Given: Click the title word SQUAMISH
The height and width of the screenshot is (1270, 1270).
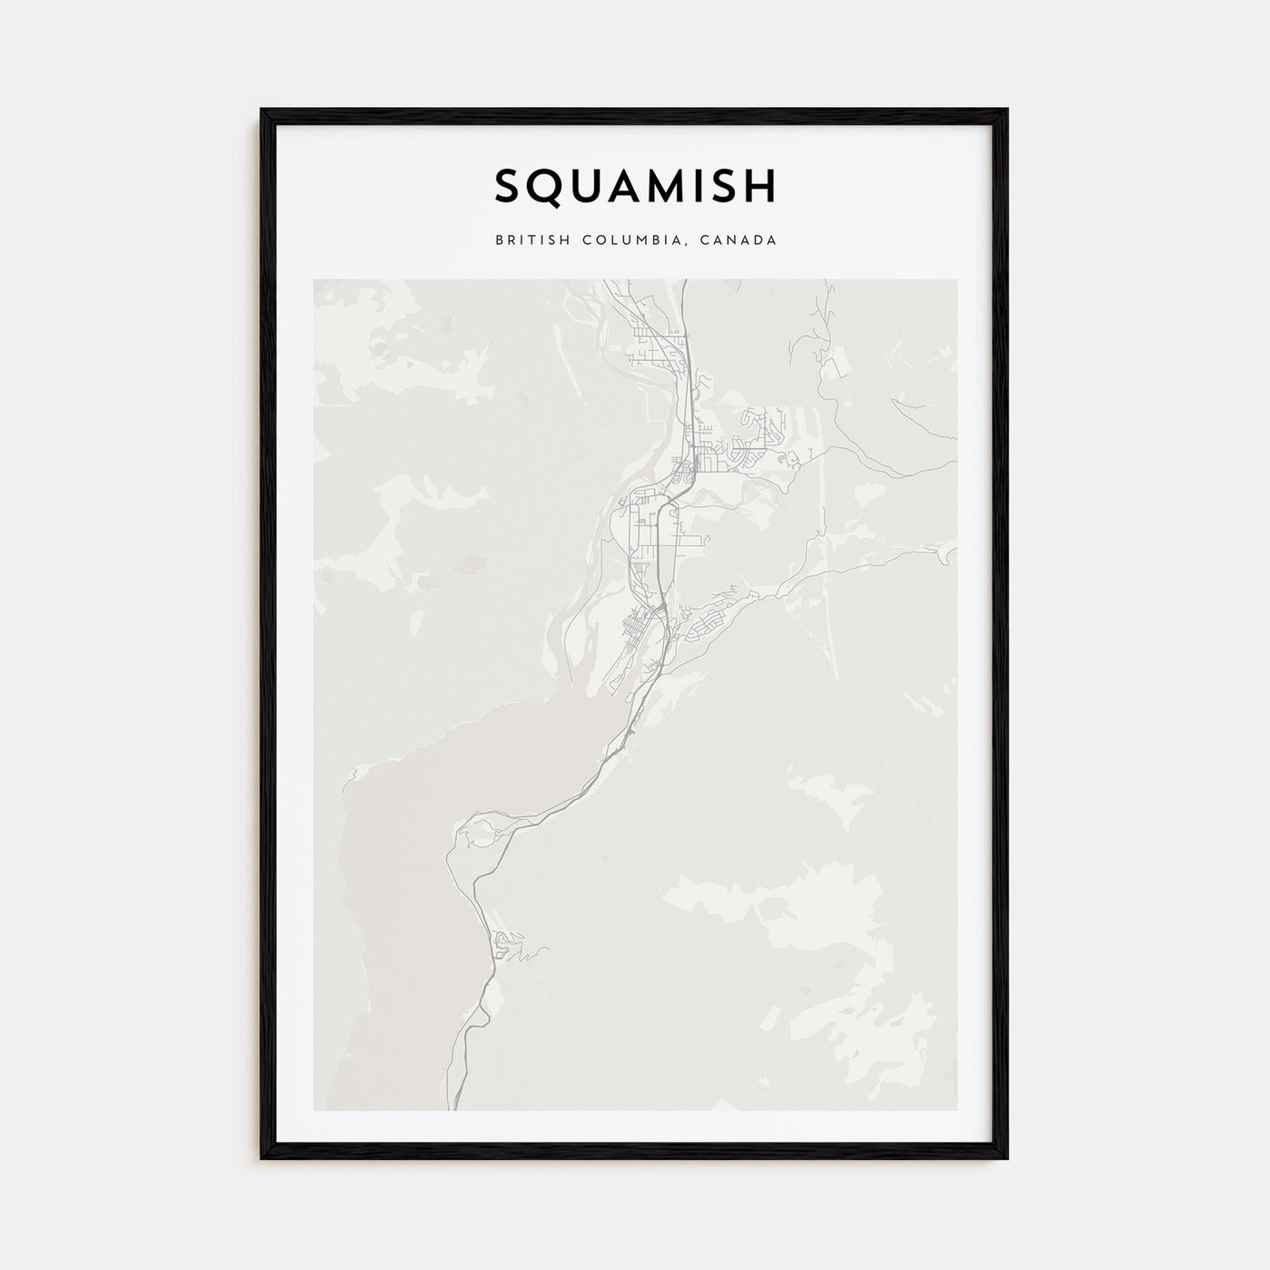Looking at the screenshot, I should pos(635,186).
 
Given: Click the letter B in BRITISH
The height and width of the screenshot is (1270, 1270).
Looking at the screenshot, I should pos(499,240).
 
